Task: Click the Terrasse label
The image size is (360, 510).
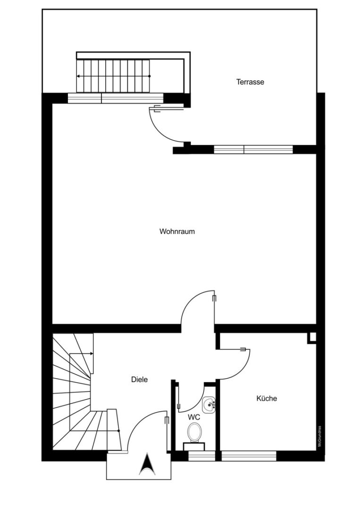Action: coord(250,82)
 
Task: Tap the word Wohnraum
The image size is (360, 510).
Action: coord(177,231)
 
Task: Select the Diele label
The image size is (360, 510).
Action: coord(139,379)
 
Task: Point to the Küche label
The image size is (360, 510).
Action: coord(267,398)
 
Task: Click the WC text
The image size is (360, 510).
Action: coord(194,417)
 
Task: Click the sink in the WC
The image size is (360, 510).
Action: coord(209,405)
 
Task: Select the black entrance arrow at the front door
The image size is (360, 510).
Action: coord(147,464)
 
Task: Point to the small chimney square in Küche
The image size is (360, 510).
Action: coord(311,337)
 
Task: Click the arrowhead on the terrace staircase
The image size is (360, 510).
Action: coord(78,76)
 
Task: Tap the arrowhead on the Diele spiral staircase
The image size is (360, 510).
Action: coord(92,354)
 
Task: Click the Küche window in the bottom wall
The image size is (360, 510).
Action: coord(249,456)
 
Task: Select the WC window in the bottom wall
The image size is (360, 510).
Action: coord(202,456)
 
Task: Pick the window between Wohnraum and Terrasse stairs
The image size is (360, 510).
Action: coord(115,98)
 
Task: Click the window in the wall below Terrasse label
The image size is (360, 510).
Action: coord(253,150)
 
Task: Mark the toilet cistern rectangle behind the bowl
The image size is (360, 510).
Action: coord(194,447)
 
